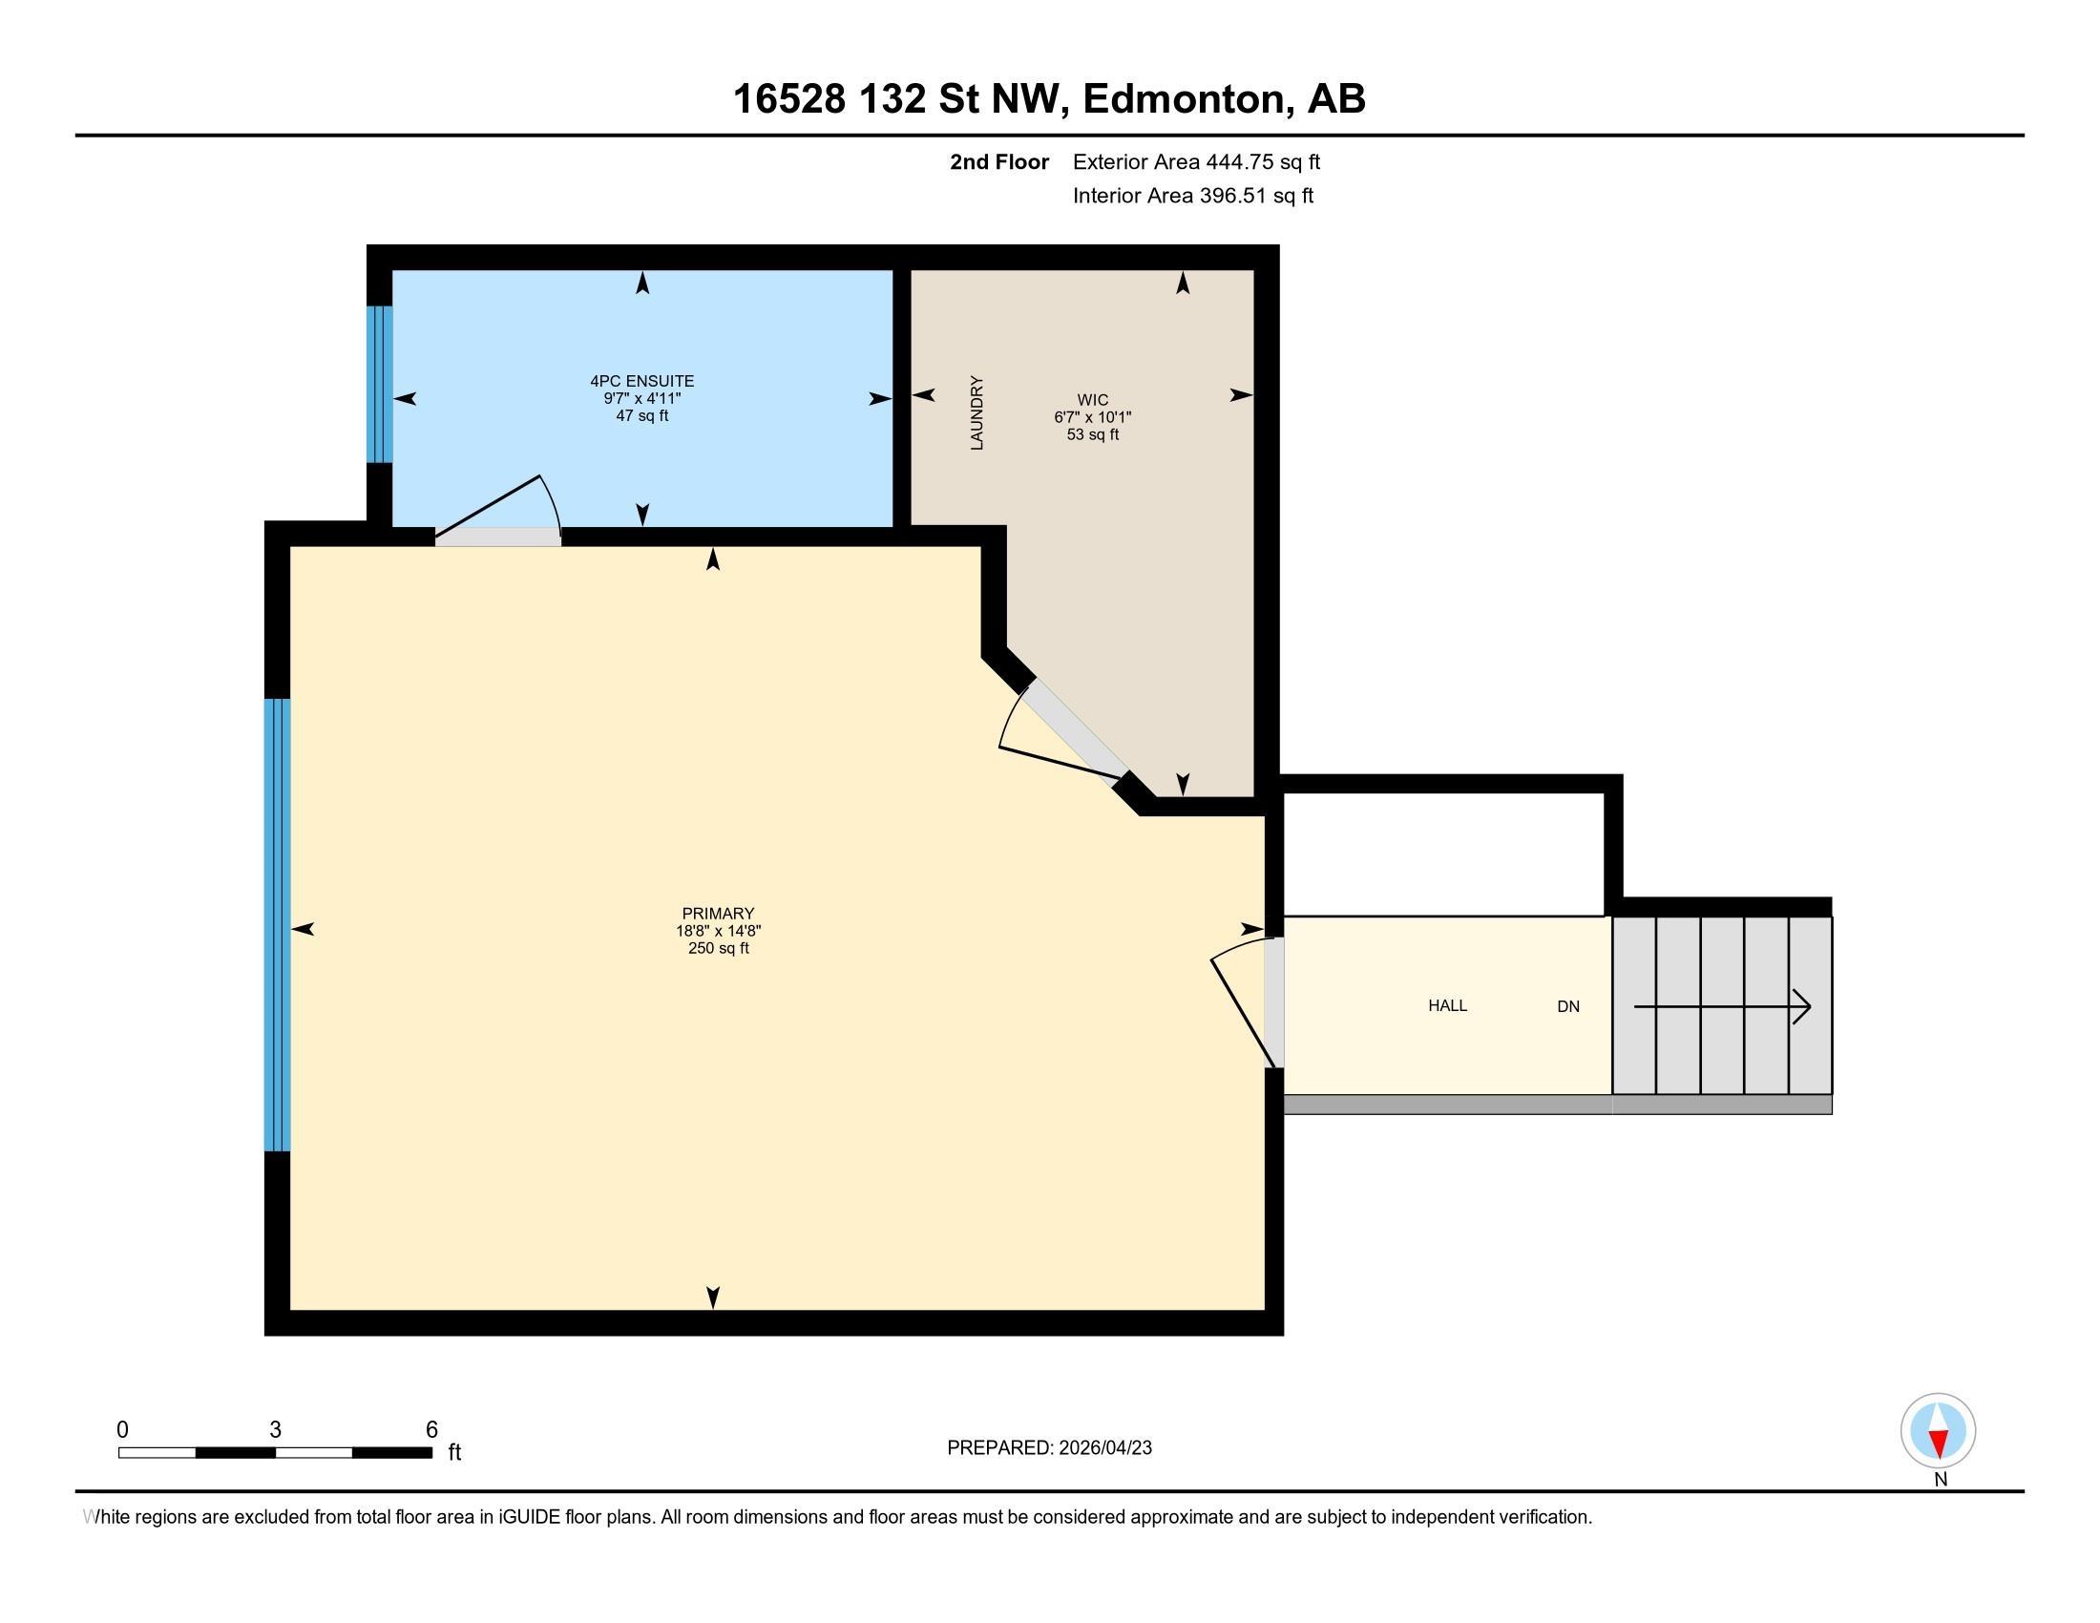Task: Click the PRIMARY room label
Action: (x=718, y=914)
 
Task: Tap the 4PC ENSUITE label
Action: (x=642, y=381)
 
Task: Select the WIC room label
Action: (x=1092, y=400)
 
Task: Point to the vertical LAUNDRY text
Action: (x=976, y=412)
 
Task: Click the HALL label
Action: (x=1447, y=1005)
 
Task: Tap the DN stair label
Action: (x=1568, y=1006)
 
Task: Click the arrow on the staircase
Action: (x=1722, y=1006)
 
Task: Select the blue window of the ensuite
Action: (x=381, y=385)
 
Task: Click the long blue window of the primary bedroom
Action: (x=277, y=925)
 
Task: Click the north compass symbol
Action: (x=1939, y=1431)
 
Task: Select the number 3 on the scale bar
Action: (x=275, y=1430)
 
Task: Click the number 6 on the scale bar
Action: (x=431, y=1430)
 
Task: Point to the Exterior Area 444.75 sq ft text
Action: (x=1196, y=162)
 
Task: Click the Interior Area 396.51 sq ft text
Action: (x=1192, y=196)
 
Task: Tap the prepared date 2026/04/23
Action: (x=1103, y=1448)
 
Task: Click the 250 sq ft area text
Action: (x=718, y=948)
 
